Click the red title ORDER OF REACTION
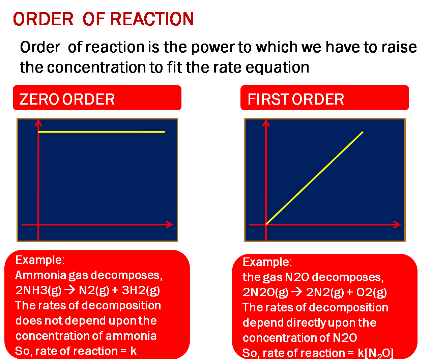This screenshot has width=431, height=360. [103, 19]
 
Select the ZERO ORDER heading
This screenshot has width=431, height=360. [67, 99]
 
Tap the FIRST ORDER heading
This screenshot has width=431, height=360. [296, 99]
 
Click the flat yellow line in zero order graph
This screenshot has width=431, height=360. [101, 132]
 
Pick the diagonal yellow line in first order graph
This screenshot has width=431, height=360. [314, 178]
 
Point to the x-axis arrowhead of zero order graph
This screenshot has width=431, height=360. [170, 224]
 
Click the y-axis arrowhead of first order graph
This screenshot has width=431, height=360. [266, 123]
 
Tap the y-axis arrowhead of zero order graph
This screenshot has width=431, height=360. [38, 123]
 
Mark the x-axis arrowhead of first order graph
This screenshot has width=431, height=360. [397, 224]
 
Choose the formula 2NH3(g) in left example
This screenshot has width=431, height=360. [38, 290]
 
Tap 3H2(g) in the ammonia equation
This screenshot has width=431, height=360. [141, 290]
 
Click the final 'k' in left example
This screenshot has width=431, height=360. [134, 351]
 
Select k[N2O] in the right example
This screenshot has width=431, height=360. [375, 353]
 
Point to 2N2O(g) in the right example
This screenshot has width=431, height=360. [265, 292]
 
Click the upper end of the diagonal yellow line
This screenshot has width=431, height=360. [363, 132]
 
